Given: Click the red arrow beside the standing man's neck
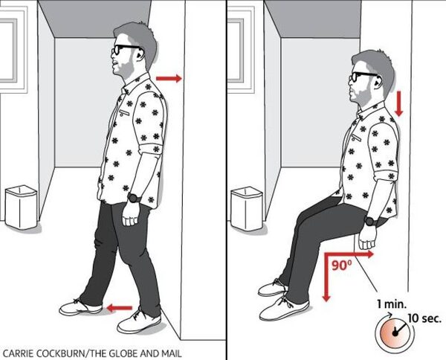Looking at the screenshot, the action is pyautogui.click(x=169, y=78).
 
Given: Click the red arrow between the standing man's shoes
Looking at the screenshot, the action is pyautogui.click(x=120, y=308).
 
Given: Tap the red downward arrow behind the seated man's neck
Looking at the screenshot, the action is pyautogui.click(x=398, y=104).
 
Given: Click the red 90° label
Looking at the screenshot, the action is pyautogui.click(x=342, y=266).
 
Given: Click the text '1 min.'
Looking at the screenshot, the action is pyautogui.click(x=392, y=304).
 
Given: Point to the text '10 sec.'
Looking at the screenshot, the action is pyautogui.click(x=424, y=318).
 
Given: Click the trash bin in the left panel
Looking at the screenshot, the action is pyautogui.click(x=21, y=207).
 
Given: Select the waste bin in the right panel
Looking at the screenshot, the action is pyautogui.click(x=246, y=208).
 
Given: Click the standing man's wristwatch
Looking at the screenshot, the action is pyautogui.click(x=135, y=198).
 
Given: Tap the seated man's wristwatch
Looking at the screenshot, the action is pyautogui.click(x=371, y=221).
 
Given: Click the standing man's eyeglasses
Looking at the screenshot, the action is pyautogui.click(x=124, y=50).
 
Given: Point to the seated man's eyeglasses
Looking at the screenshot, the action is pyautogui.click(x=363, y=77).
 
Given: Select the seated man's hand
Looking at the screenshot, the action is pyautogui.click(x=367, y=239).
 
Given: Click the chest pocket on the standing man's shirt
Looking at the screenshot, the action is pyautogui.click(x=124, y=112).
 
